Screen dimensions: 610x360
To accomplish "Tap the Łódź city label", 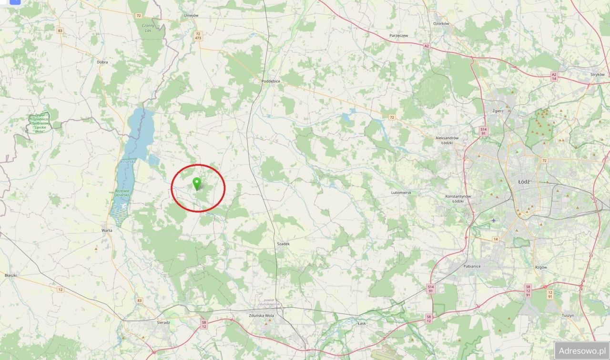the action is coord(523,181).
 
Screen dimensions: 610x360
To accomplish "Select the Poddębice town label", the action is coord(271,81).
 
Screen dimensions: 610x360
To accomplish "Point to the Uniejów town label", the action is coord(191,15).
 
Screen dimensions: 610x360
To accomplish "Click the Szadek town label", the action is coord(283,243).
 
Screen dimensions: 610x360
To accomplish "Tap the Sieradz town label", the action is coord(163,322).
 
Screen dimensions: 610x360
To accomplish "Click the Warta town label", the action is coord(107,230).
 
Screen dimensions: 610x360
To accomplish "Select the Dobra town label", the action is coord(102,62).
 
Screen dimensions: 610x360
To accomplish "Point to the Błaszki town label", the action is coord(10,275).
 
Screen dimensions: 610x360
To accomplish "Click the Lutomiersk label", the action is coord(401,192).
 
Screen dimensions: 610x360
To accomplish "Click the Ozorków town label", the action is coord(441,24).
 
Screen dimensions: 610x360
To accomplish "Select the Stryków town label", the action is coord(597,75).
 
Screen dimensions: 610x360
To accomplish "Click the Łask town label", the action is coord(362,323).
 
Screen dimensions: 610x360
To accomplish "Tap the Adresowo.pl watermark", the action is coord(581,350).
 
